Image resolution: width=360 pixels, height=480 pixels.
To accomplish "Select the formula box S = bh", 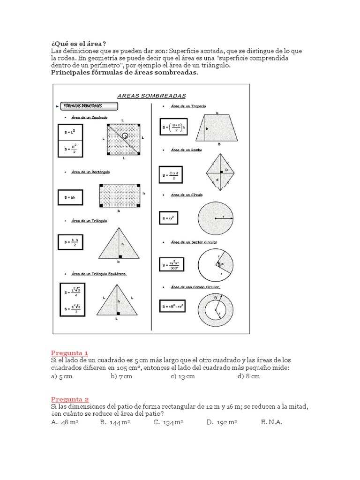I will tap(69, 197).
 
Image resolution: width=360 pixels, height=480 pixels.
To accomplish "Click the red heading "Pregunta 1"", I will tap(69, 353).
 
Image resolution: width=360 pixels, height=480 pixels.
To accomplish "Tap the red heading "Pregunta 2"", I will tap(69, 399).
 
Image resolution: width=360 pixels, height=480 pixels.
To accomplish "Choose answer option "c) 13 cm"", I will tap(182, 376).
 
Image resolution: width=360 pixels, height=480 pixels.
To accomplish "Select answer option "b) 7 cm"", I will tap(121, 376).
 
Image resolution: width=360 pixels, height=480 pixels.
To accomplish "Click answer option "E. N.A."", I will tap(271, 422).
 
